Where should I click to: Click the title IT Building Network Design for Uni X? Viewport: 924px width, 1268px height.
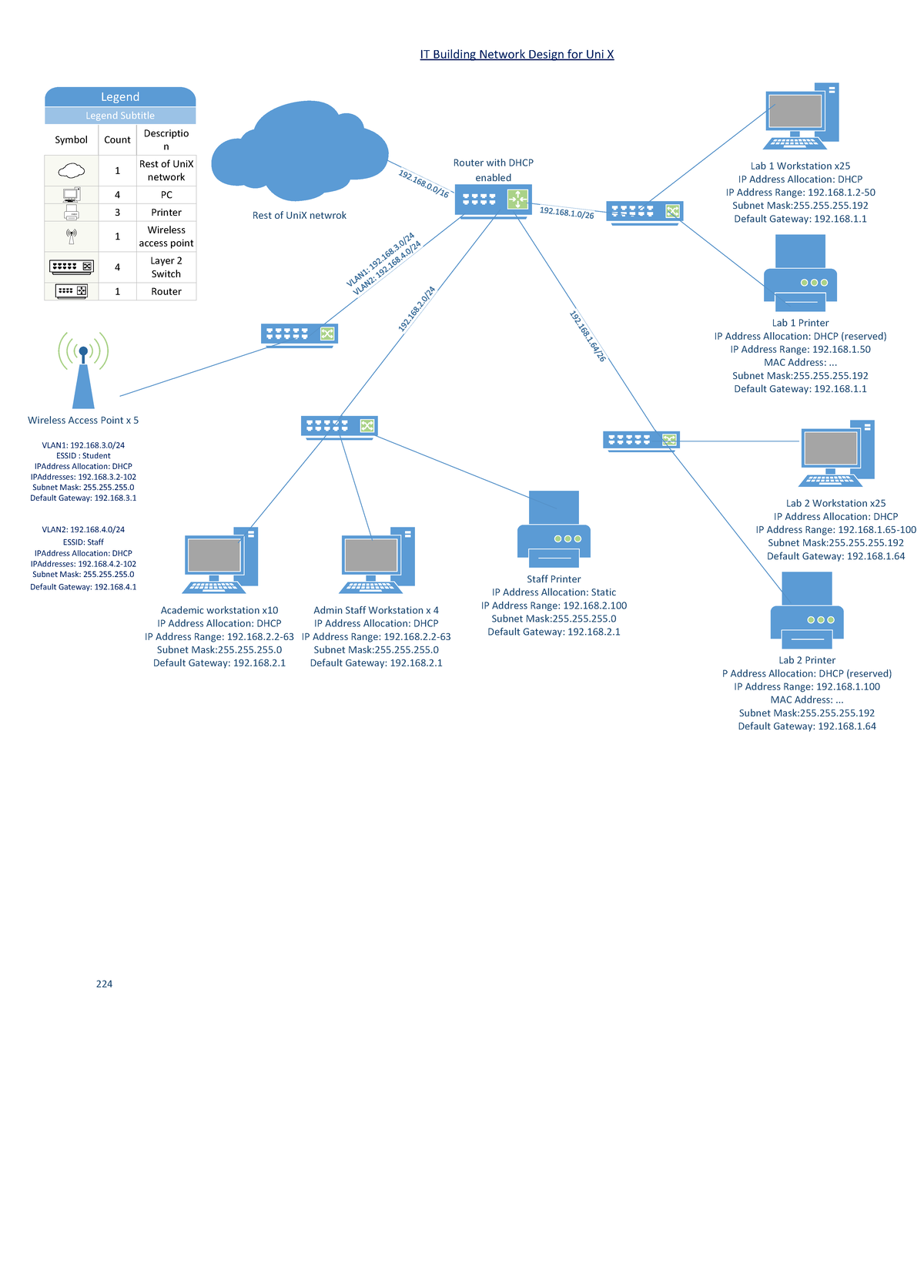pos(517,54)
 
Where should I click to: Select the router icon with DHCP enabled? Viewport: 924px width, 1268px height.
pos(493,201)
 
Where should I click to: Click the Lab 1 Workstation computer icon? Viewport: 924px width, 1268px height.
pos(801,116)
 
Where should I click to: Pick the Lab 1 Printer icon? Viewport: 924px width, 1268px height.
pos(800,273)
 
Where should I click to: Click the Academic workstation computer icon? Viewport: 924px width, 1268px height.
pos(219,561)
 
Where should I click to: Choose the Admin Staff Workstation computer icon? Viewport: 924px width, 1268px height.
pos(377,561)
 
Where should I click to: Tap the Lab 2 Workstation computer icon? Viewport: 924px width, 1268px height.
pos(836,454)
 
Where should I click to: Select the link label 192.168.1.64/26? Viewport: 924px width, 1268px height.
pos(588,336)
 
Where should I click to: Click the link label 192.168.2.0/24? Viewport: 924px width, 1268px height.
pos(417,309)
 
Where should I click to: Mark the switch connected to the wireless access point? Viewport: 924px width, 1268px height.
pos(300,334)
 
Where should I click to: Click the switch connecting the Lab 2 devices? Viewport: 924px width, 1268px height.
pos(641,441)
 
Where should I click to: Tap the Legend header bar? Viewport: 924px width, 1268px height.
pos(120,97)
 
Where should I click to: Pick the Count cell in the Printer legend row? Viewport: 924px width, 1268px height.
pos(117,213)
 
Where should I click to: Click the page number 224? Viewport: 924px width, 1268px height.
pos(104,984)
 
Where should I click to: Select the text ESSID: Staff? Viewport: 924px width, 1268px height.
pos(83,542)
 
